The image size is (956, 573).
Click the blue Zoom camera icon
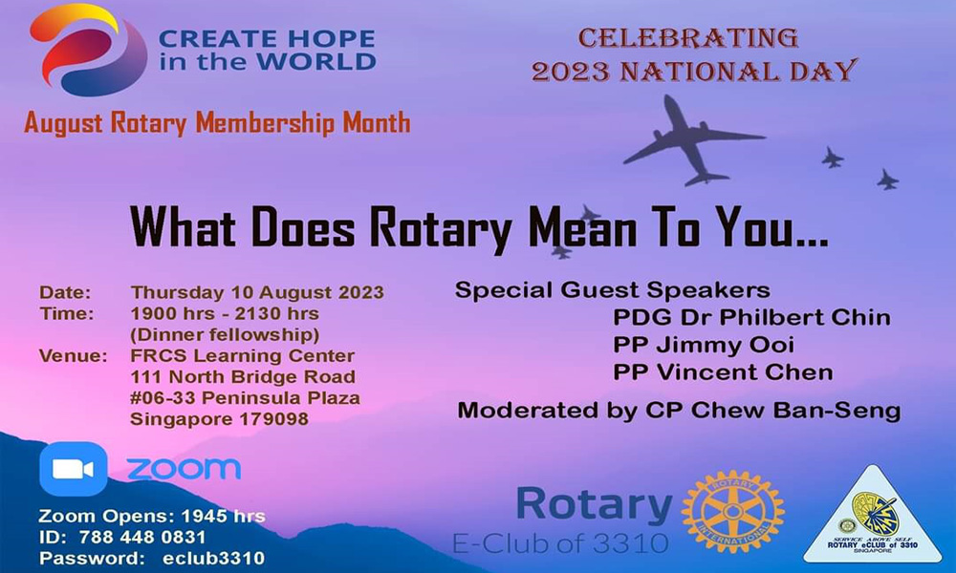tap(74, 469)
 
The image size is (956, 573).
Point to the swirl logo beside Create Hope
tap(88, 49)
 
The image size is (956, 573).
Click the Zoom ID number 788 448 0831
tap(142, 537)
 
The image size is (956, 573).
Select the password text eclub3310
tap(213, 558)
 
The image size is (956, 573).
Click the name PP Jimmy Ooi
tap(704, 345)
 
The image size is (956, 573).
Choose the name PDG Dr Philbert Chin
tap(751, 317)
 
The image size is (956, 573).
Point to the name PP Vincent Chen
tap(723, 372)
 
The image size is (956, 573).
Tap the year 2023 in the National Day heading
tap(571, 72)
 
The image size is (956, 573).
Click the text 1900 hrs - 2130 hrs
tap(225, 313)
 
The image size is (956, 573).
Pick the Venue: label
tap(74, 355)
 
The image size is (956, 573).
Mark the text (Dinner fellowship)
tap(225, 335)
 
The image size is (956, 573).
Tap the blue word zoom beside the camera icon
tap(184, 469)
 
